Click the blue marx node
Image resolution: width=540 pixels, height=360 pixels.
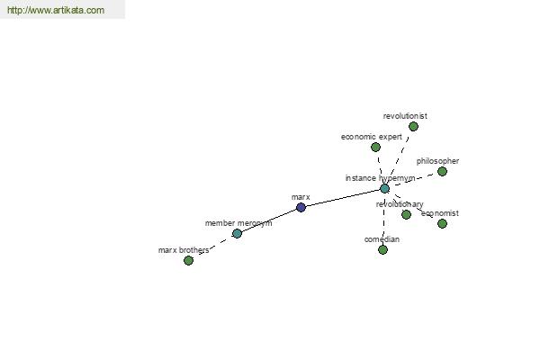coord(301,207)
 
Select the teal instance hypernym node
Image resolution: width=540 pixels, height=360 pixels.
coord(384,188)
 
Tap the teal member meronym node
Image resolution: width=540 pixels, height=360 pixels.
coord(237,233)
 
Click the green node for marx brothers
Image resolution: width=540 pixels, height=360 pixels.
coord(188,260)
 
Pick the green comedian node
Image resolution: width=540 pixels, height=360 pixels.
coord(382,250)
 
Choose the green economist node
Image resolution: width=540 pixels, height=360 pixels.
coord(442,223)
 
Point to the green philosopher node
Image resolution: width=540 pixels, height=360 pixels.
coord(442,171)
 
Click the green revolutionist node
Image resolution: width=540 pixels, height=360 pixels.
coord(414,126)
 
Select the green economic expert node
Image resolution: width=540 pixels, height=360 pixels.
coord(375,147)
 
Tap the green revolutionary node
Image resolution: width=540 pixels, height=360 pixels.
coord(407,214)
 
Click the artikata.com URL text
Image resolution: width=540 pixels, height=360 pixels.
coord(56,10)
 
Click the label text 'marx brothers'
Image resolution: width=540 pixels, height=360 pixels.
coord(184,250)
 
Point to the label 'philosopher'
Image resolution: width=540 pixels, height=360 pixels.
coord(437,161)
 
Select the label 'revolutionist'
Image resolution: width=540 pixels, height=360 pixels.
coord(405,116)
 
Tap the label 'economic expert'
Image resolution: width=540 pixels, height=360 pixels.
coord(372,137)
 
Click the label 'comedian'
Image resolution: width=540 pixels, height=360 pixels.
coord(382,239)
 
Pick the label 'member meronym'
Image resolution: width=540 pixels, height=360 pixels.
coord(238,223)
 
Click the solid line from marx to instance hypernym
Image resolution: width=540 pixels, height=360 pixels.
coord(343,198)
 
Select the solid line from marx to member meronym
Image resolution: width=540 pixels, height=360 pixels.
coord(269,220)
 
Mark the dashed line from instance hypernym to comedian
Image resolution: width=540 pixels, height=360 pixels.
coord(383,219)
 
